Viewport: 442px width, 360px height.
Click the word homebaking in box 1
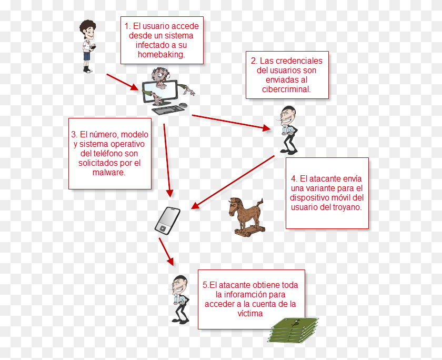[x=160, y=54]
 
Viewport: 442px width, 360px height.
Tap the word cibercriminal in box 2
[x=286, y=89]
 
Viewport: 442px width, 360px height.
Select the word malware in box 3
[x=108, y=172]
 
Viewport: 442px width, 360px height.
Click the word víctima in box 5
[x=250, y=314]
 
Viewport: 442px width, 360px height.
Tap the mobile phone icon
[x=167, y=221]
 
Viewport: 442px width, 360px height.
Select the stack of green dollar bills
[x=293, y=330]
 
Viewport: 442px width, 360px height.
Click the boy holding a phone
[x=88, y=46]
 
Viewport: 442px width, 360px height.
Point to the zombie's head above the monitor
[x=160, y=76]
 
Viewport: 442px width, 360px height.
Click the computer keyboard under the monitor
[x=168, y=110]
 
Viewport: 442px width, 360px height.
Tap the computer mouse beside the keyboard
[x=183, y=105]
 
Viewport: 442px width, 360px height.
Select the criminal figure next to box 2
[x=288, y=130]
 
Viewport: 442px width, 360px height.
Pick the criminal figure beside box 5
[x=180, y=299]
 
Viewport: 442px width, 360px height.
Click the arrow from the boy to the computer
[x=122, y=82]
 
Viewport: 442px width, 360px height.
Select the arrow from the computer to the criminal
[x=231, y=123]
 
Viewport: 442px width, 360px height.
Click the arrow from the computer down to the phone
[x=167, y=161]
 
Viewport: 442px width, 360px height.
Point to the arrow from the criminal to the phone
[x=233, y=182]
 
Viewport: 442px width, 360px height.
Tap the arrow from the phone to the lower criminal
[x=166, y=252]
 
